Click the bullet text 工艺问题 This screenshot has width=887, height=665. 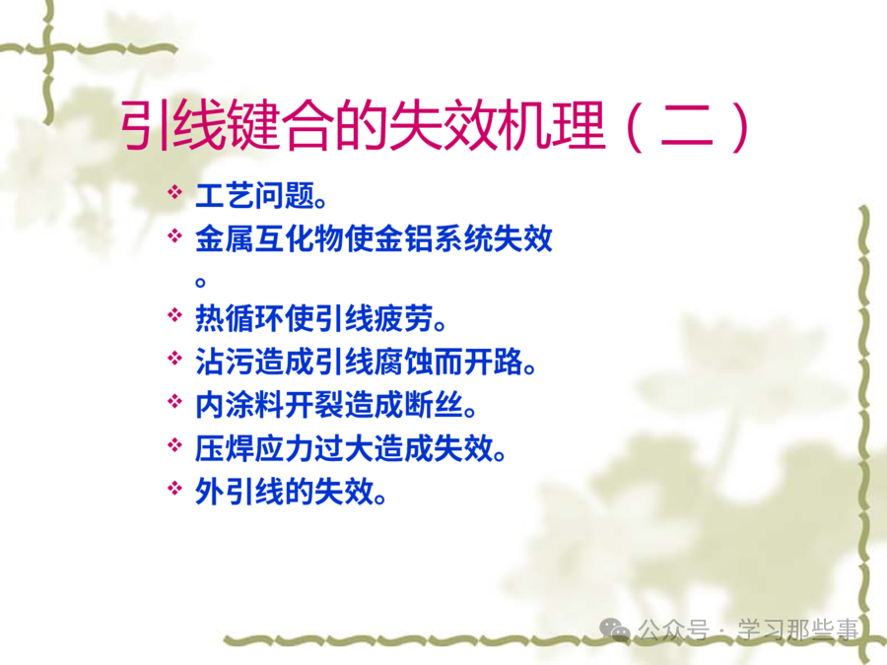(x=254, y=196)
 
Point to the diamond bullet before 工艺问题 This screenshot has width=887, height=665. (x=174, y=192)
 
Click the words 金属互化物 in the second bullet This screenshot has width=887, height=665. (x=269, y=238)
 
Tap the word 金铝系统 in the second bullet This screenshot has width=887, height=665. (x=433, y=238)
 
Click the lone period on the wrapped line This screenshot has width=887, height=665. (x=200, y=281)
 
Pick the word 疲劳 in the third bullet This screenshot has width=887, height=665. (x=403, y=318)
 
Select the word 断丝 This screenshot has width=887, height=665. (x=433, y=406)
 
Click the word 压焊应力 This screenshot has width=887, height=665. (x=254, y=448)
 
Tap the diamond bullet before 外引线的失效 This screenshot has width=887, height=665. (x=174, y=488)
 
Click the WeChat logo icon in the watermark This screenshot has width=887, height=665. (x=615, y=629)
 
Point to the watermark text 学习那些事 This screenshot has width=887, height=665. (x=797, y=630)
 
